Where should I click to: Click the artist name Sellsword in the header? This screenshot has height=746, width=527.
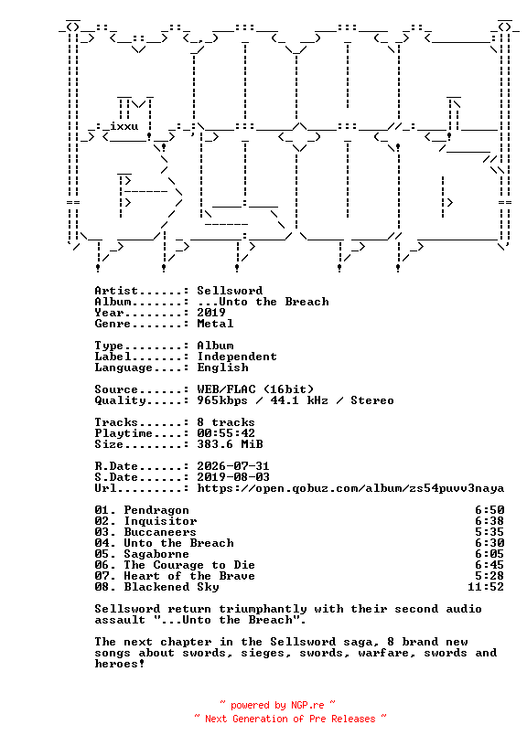(230, 291)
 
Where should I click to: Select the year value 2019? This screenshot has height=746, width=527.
(211, 313)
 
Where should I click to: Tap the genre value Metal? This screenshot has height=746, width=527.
(215, 324)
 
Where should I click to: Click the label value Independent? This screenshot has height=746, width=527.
(237, 357)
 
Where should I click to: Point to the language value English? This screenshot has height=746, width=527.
(223, 368)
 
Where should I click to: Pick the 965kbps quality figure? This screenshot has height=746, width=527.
(222, 400)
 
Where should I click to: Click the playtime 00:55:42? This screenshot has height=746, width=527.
(226, 433)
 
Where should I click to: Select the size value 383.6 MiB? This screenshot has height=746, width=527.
(230, 444)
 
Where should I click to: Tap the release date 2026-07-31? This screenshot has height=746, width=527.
(233, 466)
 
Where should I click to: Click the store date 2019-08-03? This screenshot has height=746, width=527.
(233, 477)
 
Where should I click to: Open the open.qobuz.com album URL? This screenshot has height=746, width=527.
(350, 488)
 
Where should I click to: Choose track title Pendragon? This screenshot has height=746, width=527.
(156, 510)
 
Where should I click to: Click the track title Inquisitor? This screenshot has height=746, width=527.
(160, 521)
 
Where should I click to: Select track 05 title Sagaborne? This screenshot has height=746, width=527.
(156, 554)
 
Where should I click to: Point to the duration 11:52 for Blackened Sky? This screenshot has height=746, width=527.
(486, 587)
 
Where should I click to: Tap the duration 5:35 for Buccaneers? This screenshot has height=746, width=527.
(489, 532)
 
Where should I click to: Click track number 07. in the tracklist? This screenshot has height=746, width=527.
(105, 576)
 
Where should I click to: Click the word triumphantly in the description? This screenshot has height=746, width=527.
(263, 610)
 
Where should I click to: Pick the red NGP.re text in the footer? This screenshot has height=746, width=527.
(307, 705)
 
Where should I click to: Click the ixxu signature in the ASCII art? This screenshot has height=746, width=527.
(124, 126)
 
